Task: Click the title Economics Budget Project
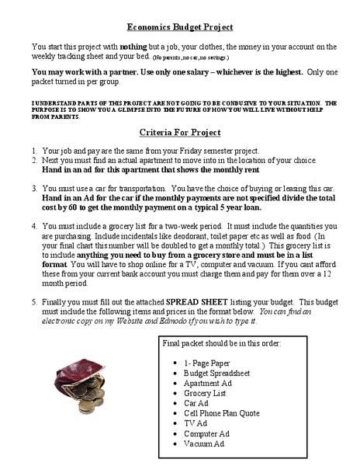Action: (179, 27)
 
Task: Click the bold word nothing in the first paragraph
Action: (133, 47)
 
